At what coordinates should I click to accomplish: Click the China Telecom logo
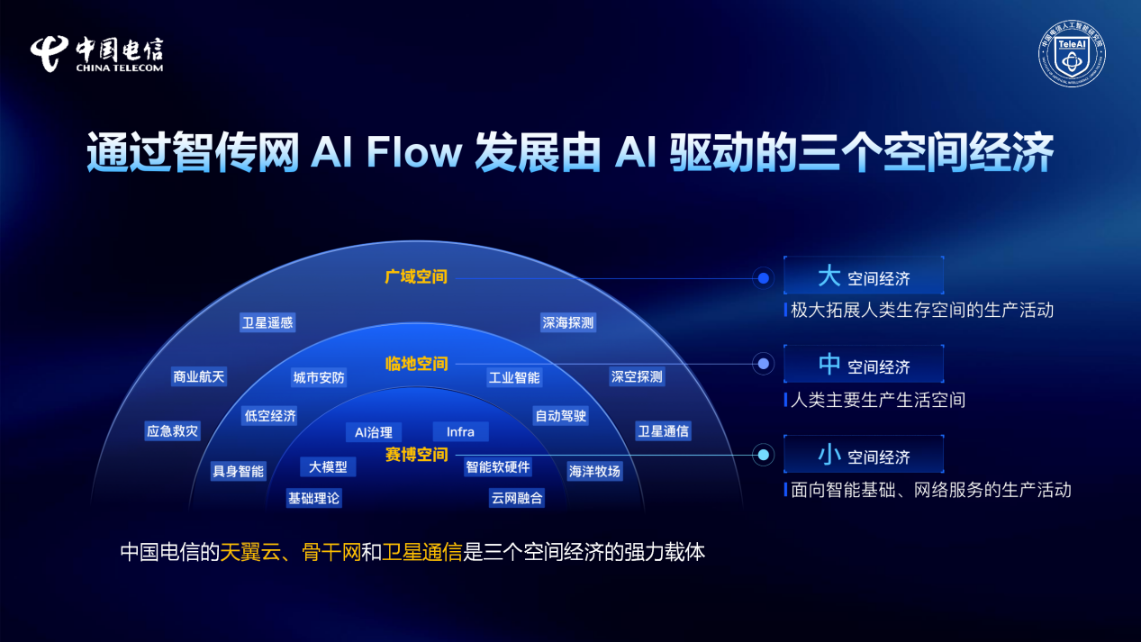(97, 54)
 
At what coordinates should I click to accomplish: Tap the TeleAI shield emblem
(1073, 55)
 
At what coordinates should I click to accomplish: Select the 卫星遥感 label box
(267, 322)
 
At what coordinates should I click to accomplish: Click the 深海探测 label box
(567, 322)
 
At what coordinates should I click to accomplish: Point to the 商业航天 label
(198, 376)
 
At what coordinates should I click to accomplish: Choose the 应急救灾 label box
(172, 431)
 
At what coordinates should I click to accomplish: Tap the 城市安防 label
(319, 377)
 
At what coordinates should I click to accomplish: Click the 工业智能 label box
(514, 377)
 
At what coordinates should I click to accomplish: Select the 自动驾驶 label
(560, 415)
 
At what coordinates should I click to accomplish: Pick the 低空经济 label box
(269, 415)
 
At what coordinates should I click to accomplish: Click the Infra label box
(460, 431)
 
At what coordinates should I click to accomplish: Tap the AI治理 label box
(373, 432)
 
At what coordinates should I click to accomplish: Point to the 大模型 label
(328, 466)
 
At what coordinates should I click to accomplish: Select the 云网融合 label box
(517, 497)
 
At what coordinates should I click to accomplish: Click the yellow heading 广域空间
(416, 276)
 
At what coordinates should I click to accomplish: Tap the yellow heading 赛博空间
(416, 455)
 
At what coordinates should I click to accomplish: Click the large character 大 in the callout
(829, 276)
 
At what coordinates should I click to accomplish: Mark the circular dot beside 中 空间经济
(764, 364)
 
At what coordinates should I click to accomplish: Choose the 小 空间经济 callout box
(864, 455)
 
